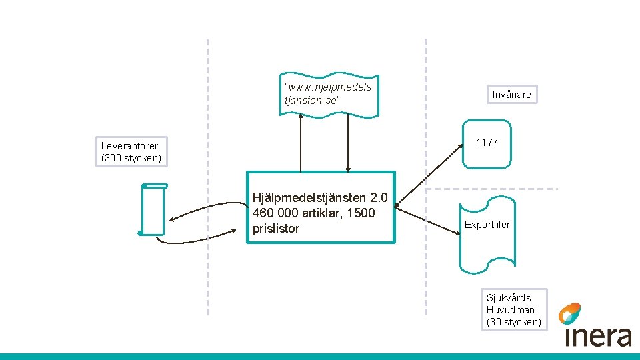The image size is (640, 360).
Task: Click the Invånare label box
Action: coord(511,95)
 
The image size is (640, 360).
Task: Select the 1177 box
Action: coord(487,143)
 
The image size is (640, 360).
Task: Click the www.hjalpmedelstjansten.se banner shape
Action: coord(329,94)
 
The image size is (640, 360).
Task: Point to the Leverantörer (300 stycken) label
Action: coord(131,152)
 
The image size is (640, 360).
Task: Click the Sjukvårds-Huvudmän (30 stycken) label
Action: coord(513,310)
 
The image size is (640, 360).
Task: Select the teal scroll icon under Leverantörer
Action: coord(154,209)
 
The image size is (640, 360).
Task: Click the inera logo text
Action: coord(597,336)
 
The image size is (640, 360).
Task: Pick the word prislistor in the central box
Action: coord(276,229)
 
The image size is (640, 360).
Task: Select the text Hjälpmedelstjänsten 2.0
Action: coord(324,197)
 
